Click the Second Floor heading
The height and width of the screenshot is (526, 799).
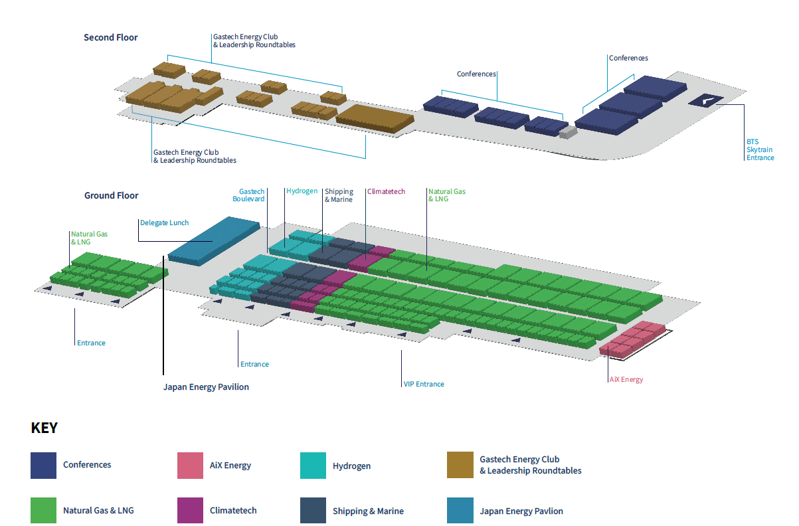coord(110,38)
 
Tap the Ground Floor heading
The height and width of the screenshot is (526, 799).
coord(111,196)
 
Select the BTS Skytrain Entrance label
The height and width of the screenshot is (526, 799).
coord(760,150)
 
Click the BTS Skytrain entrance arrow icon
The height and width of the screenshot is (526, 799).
coord(706,101)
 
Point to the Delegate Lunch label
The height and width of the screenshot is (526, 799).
coord(164,223)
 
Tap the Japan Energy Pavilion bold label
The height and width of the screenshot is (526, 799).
coord(206,387)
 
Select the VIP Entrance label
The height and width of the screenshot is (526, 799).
coord(424,385)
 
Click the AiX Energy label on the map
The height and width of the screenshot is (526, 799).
coord(626,380)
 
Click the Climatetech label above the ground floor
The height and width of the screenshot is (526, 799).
coord(387,192)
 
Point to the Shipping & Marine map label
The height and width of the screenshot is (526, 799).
coord(339,196)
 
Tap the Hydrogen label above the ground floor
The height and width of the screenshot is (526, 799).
coord(302,191)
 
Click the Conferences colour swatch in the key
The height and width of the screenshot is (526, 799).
coord(44,465)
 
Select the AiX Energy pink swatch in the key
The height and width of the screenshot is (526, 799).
coord(190,466)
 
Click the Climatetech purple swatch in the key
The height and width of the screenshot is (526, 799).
coord(190,511)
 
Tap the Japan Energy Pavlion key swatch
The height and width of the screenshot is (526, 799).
coord(460,511)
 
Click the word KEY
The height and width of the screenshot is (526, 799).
coord(44,428)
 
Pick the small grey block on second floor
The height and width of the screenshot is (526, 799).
coord(568,132)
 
